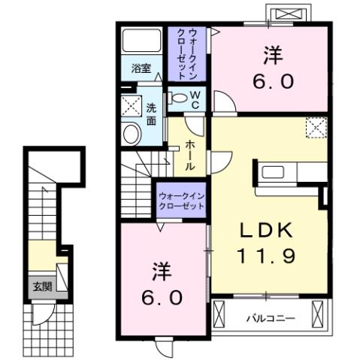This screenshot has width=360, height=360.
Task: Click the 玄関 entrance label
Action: pos(41,286)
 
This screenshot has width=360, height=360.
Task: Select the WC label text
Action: pos(194,99)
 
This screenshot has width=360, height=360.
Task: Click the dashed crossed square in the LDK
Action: pos(316,129)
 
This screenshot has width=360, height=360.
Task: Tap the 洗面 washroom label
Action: pos(151,113)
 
